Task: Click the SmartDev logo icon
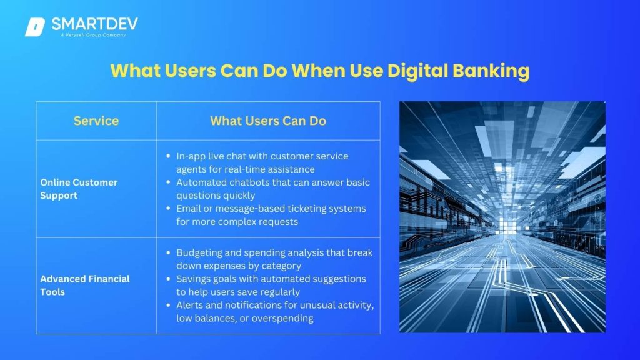tap(35, 27)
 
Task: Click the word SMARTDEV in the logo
tap(95, 24)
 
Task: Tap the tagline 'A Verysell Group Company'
tap(93, 35)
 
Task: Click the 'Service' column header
tap(96, 121)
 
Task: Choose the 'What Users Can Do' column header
tap(268, 121)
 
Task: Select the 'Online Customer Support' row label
tap(79, 189)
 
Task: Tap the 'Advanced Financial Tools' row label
tap(85, 285)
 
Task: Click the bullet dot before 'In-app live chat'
tap(168, 156)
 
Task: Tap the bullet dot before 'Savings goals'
tap(168, 279)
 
